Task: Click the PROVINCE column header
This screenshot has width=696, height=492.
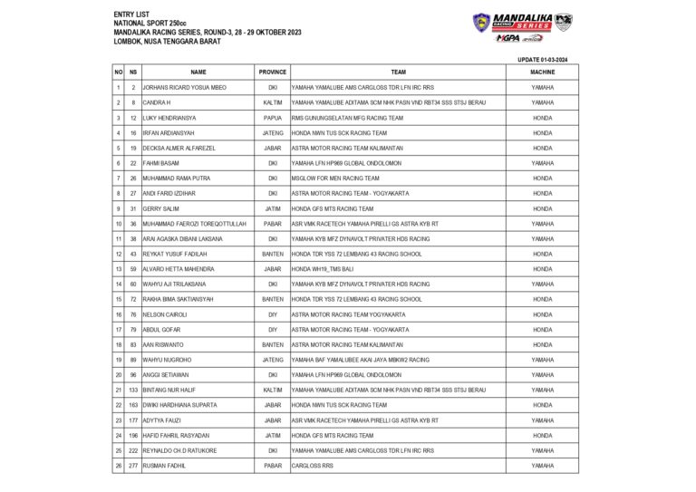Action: pyautogui.click(x=273, y=72)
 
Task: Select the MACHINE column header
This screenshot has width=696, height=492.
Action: pyautogui.click(x=543, y=72)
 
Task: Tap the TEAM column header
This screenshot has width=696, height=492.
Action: pyautogui.click(x=398, y=72)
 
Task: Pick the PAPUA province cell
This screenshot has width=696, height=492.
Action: pyautogui.click(x=273, y=118)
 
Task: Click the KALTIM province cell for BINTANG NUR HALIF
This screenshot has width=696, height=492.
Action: pyautogui.click(x=273, y=390)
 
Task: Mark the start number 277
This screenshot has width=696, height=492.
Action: pyautogui.click(x=132, y=466)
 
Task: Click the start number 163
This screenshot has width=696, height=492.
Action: pyautogui.click(x=132, y=405)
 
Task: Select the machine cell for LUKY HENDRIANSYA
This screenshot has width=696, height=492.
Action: pyautogui.click(x=543, y=118)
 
